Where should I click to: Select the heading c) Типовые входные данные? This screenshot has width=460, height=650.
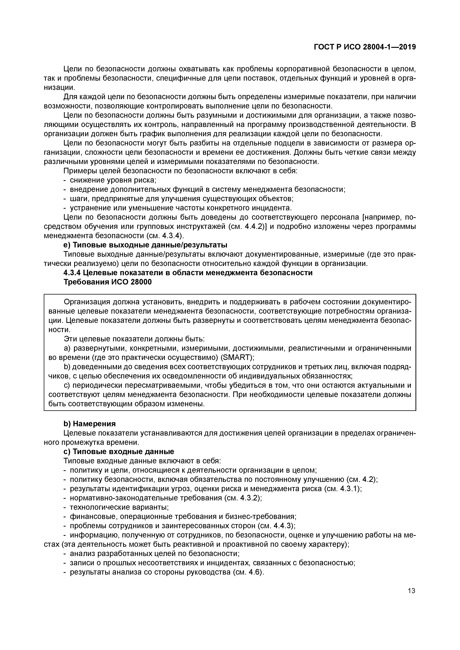(x=118, y=451)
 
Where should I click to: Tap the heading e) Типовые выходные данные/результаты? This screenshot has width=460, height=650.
(x=145, y=245)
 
